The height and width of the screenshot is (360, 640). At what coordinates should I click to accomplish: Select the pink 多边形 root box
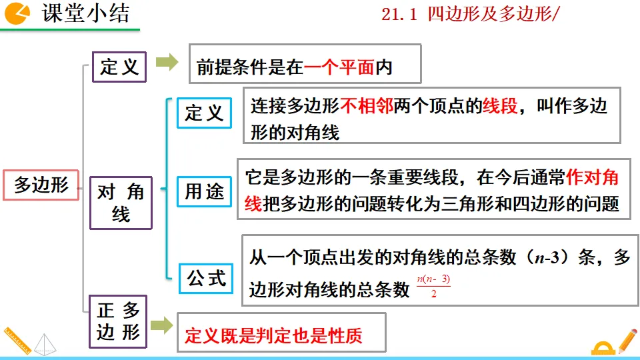(41, 185)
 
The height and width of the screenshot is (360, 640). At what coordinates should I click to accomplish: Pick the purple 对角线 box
(121, 203)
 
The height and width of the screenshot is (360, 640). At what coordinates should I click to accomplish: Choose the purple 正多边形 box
(119, 321)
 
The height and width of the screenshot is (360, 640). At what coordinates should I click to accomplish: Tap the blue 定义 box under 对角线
(204, 113)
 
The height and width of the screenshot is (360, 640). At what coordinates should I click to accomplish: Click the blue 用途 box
(204, 192)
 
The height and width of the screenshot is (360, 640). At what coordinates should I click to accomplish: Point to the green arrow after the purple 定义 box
(167, 63)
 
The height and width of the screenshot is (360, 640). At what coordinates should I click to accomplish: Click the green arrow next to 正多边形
(161, 326)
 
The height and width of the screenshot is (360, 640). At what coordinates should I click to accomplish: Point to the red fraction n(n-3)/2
(433, 287)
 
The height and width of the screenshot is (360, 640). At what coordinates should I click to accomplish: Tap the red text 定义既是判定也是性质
(273, 335)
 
